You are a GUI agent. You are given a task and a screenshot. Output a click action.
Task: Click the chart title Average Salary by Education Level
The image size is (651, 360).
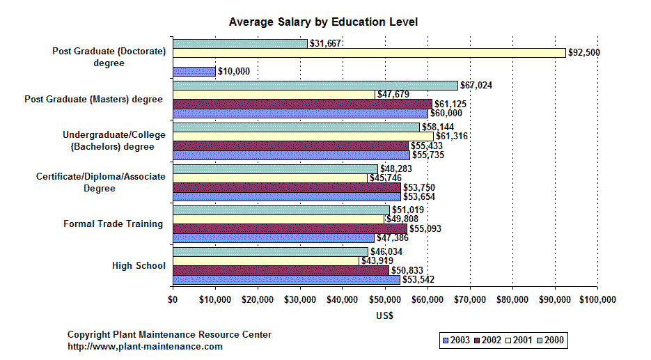coord(323,22)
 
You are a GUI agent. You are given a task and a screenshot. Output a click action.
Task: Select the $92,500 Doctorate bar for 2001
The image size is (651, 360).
coord(369,53)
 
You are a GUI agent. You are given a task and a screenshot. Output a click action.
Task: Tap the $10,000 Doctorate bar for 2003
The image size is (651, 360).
coord(194,71)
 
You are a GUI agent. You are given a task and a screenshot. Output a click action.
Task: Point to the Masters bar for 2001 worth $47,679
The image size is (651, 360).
coord(273,95)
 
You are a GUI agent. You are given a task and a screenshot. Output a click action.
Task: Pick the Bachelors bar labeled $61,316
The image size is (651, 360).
coord(303,136)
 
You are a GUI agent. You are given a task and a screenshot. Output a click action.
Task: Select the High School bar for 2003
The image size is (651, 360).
coord(286,280)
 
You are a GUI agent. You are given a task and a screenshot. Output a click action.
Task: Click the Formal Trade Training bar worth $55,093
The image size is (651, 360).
coord(290,228)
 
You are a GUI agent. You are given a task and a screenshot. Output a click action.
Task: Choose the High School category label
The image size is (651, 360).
coord(139,265)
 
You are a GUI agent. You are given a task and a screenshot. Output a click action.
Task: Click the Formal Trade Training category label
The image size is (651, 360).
coord(113,224)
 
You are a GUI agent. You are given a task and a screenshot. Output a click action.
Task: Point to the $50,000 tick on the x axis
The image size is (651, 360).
coord(385,299)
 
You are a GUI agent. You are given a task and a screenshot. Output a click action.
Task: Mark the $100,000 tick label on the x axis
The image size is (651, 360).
coord(597,299)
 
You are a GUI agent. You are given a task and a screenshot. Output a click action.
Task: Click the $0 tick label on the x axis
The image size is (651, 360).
coord(173,299)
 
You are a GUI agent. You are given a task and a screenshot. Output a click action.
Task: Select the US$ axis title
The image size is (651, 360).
coord(384,315)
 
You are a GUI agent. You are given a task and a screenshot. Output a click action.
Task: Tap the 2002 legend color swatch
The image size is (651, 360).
coord(478,341)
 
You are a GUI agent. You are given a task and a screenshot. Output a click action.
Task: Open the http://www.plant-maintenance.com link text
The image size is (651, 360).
coord(145,346)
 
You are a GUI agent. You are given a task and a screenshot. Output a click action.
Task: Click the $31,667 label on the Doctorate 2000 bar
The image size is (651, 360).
coord(324,44)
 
